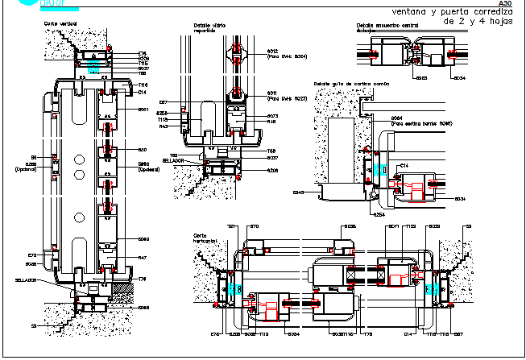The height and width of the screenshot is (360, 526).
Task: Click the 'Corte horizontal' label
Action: pyautogui.click(x=202, y=239)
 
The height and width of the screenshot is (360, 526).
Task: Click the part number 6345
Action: pyautogui.click(x=298, y=192)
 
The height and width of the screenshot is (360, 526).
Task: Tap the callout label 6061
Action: pyautogui.click(x=143, y=110)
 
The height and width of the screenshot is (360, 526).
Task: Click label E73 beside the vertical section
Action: pyautogui.click(x=32, y=255)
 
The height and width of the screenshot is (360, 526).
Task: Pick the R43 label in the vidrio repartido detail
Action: pyautogui.click(x=164, y=126)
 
